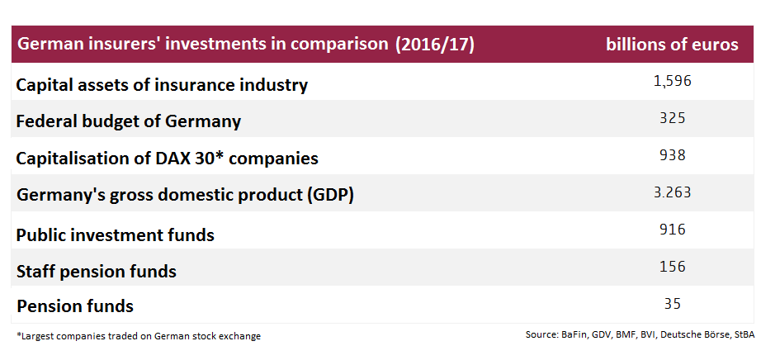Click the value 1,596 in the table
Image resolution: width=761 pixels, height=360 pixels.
672,81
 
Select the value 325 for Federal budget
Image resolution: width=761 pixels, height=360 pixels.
672,118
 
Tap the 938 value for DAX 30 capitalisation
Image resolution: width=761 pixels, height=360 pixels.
672,155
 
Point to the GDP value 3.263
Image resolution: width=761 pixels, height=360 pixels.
672,192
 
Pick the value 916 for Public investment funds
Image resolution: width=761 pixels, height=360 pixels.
672,230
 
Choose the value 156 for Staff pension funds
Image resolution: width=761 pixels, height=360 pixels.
672,267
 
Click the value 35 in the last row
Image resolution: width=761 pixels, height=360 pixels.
672,304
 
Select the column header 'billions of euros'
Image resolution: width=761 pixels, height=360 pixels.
672,45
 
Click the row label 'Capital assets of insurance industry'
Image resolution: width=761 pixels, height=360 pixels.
162,84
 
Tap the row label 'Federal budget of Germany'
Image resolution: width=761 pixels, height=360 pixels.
129,121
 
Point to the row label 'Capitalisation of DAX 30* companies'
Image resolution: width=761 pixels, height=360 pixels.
167,158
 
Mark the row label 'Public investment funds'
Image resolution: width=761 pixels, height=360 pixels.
116,235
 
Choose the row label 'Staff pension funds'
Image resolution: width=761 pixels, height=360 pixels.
97,271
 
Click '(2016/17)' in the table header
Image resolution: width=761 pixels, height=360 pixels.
435,45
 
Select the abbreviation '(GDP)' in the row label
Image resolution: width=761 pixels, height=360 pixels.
329,196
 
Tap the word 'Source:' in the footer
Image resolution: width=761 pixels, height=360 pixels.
541,334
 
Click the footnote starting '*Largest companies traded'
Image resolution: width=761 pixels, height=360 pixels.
139,336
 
